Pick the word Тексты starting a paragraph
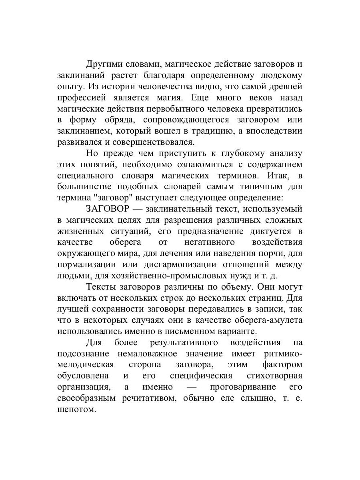101,287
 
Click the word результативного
184,342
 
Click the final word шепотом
76,409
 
